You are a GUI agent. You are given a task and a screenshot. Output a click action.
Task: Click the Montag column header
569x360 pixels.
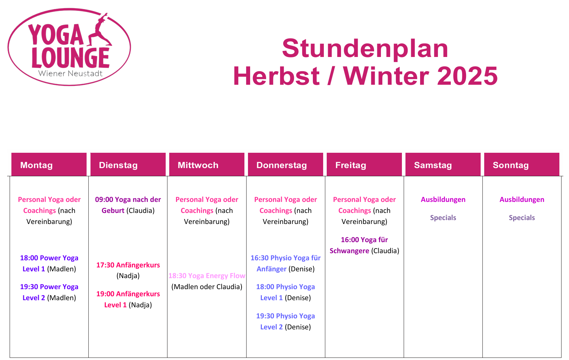tap(49, 165)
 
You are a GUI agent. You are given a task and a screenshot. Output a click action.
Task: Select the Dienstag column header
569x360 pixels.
tap(128, 165)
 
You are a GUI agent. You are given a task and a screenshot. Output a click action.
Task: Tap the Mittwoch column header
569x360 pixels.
tap(207, 165)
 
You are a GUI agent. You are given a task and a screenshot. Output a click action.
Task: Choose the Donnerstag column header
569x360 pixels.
tap(285, 165)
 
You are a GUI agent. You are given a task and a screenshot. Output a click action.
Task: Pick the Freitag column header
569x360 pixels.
tap(364, 165)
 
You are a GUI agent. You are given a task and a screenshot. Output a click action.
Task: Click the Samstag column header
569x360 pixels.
tap(443, 165)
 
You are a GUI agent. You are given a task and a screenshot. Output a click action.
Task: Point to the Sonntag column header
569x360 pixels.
tap(522, 165)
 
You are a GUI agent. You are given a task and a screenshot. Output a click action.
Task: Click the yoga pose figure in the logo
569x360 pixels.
tap(100, 31)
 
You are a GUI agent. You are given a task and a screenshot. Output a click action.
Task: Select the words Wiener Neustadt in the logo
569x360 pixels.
tap(70, 74)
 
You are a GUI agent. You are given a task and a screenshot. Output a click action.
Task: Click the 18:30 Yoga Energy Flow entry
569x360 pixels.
tap(207, 276)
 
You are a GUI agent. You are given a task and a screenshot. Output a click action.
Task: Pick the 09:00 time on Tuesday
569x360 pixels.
tap(104, 199)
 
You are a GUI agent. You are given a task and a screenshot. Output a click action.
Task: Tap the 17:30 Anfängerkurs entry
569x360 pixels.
tap(128, 265)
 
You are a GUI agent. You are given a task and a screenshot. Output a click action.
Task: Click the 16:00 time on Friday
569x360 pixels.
tap(350, 240)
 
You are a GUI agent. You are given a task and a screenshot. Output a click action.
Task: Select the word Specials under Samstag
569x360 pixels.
tap(443, 218)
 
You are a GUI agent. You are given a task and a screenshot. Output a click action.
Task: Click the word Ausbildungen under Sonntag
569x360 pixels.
tap(522, 199)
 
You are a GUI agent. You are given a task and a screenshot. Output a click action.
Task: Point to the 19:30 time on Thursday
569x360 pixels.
tap(265, 316)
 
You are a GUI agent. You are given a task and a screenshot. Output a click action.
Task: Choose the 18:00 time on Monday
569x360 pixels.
tap(29, 258)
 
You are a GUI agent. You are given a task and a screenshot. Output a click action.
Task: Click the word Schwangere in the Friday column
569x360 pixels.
tap(349, 251)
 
